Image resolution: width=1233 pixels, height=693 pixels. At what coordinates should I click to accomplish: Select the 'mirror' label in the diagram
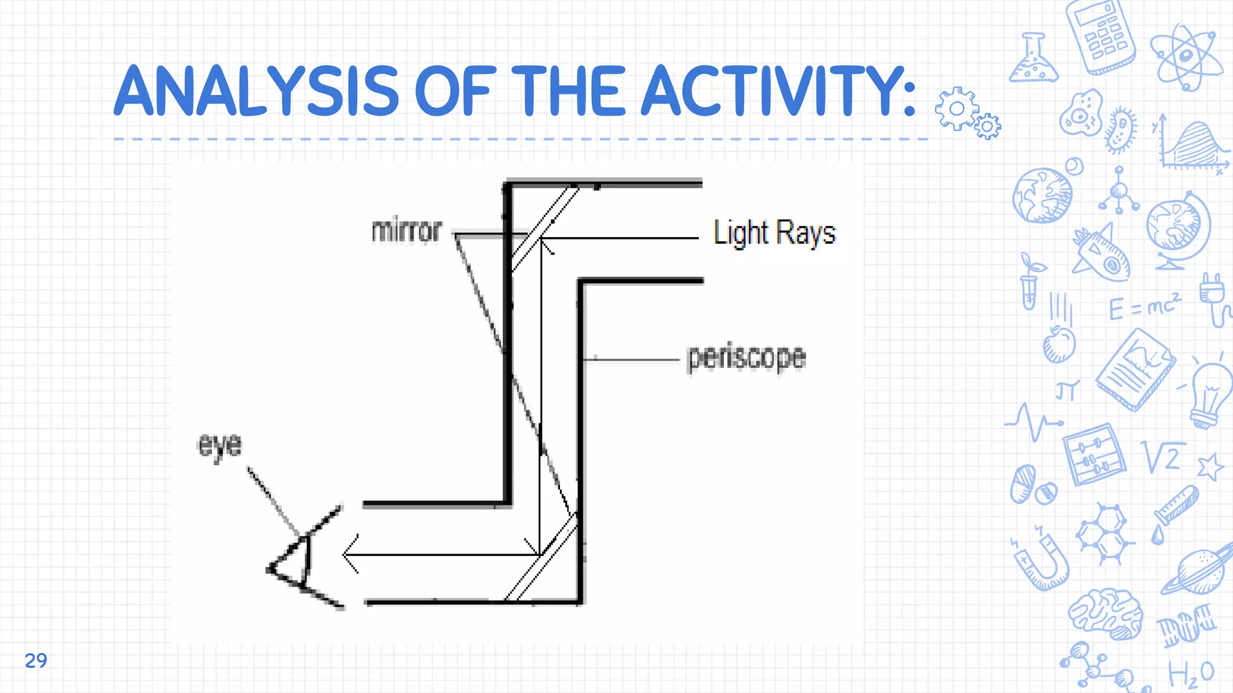pos(406,231)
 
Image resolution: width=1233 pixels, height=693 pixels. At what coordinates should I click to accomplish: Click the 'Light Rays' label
pos(774,233)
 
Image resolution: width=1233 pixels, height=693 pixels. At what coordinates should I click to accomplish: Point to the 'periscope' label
pos(746,357)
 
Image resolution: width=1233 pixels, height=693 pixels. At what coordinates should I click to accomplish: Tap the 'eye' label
pos(220,446)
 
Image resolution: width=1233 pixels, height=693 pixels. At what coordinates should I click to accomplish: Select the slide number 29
pos(36,661)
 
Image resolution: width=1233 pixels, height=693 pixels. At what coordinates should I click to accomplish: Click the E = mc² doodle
pos(1144,307)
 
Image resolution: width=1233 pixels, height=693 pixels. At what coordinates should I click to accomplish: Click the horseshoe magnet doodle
pos(1042,559)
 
